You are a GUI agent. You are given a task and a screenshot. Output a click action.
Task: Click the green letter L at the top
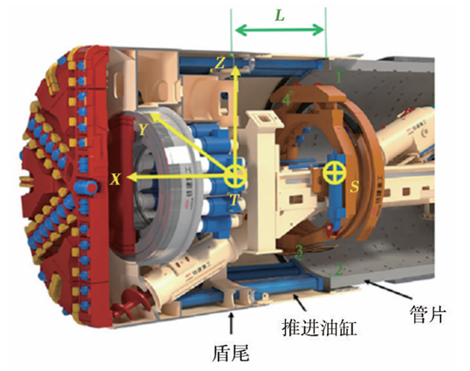(280, 16)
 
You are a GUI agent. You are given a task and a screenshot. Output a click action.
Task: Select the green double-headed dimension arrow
(279, 30)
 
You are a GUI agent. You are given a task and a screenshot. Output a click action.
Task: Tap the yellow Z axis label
(221, 64)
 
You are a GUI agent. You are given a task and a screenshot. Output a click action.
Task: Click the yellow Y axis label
(143, 129)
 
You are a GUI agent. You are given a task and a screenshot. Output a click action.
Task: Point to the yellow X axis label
(115, 179)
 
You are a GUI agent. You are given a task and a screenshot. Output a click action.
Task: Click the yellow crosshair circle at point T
(235, 177)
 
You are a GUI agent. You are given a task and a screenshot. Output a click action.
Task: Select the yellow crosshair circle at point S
(334, 172)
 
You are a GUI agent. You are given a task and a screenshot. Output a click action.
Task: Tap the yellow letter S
(354, 186)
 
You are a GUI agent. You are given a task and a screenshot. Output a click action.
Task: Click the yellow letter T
(235, 199)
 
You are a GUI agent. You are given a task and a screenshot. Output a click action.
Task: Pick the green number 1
(339, 77)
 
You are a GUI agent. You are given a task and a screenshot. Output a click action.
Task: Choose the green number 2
(338, 270)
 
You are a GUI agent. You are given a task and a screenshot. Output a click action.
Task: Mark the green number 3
(299, 252)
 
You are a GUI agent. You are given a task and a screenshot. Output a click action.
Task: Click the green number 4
(287, 99)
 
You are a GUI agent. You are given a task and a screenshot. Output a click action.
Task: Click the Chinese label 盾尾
(231, 353)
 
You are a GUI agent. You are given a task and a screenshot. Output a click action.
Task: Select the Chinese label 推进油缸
(319, 327)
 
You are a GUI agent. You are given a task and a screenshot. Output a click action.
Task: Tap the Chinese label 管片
(427, 314)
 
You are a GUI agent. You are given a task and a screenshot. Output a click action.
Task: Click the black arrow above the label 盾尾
(231, 323)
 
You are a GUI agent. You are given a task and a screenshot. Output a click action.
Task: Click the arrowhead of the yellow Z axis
(236, 71)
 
